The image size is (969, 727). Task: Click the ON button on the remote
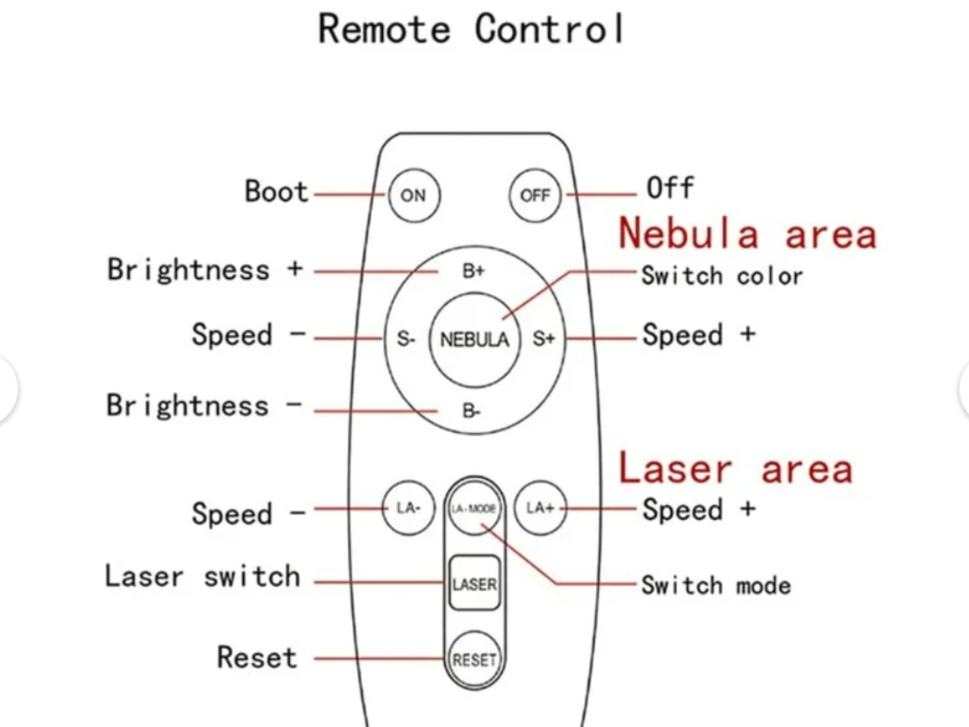414,195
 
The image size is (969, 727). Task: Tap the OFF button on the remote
535,195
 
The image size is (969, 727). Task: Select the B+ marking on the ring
473,271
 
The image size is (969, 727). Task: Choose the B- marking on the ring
471,411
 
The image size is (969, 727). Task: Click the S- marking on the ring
406,339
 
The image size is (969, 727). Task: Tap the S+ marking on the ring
543,339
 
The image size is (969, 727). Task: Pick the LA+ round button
540,508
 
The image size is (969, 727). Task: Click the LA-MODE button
474,508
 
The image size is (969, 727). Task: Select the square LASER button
474,583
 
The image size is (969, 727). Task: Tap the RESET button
474,660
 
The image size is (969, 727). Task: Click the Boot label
276,192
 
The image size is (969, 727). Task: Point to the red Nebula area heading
747,234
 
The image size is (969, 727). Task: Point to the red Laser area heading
735,469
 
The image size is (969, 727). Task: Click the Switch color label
722,276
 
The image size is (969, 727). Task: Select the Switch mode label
716,585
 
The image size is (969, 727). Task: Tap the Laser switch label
202,577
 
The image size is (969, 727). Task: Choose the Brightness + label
205,270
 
